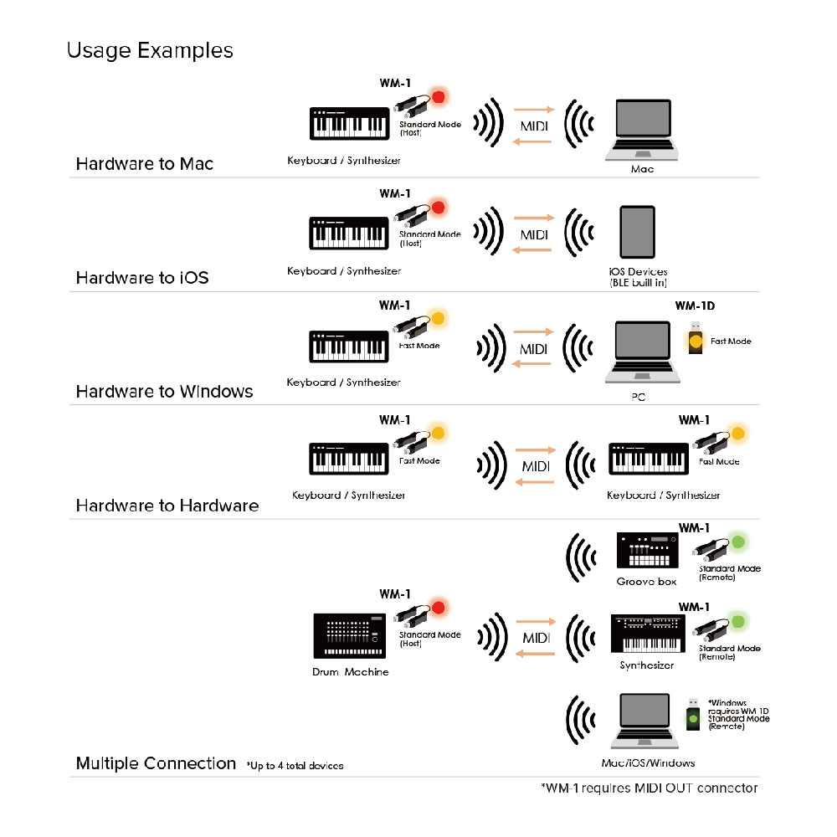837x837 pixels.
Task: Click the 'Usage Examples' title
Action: click(150, 51)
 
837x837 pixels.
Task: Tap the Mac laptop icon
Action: click(643, 130)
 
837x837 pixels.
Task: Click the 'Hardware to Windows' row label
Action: click(164, 391)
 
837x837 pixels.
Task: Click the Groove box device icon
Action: click(647, 552)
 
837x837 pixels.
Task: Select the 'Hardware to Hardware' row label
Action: click(167, 505)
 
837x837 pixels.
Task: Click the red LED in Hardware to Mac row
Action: click(437, 97)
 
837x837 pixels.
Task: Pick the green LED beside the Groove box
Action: click(737, 541)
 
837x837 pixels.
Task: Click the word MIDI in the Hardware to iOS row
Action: click(533, 235)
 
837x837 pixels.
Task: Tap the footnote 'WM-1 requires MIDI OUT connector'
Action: click(650, 788)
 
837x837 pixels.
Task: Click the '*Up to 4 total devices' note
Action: click(295, 766)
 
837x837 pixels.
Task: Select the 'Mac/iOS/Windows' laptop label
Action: click(648, 763)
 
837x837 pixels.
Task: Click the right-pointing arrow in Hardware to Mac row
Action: click(534, 110)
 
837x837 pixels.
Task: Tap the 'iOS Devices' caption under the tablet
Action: click(639, 272)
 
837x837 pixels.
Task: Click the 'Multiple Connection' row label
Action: click(156, 763)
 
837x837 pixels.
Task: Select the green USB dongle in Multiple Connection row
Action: click(693, 717)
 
